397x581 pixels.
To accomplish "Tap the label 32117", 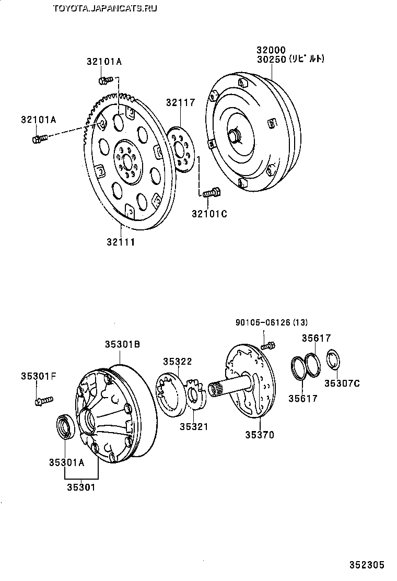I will pyautogui.click(x=181, y=102).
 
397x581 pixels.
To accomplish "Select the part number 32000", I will pyautogui.click(x=270, y=50).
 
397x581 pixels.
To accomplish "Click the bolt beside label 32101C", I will pyautogui.click(x=211, y=193).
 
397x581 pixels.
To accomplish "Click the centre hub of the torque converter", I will pyautogui.click(x=235, y=135).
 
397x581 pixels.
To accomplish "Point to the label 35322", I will pyautogui.click(x=177, y=361).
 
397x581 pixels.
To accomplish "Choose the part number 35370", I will pyautogui.click(x=260, y=434).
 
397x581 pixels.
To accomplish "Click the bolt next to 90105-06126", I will pyautogui.click(x=268, y=345).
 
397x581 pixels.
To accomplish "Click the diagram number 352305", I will pyautogui.click(x=367, y=565).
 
